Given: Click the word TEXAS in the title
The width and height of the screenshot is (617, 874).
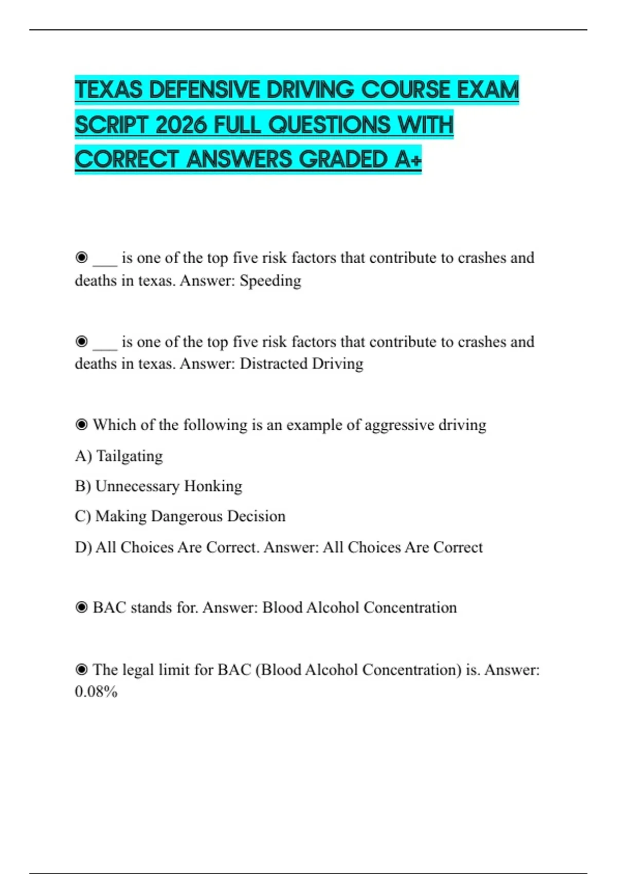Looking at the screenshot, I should [108, 90].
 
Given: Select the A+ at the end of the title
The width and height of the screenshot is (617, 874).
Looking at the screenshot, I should [408, 159].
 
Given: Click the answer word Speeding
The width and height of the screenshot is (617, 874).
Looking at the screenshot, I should [270, 281].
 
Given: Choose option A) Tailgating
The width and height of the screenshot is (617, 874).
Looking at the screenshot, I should [119, 456].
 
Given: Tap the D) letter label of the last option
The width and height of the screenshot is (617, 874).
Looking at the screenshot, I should [83, 547].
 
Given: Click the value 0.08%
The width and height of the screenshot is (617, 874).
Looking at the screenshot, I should [96, 691].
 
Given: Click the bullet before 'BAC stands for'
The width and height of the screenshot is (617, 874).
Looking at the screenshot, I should [81, 608].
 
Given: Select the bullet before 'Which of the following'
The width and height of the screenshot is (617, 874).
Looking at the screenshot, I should [81, 425].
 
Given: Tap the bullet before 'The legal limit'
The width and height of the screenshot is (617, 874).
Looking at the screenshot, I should [81, 670].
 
